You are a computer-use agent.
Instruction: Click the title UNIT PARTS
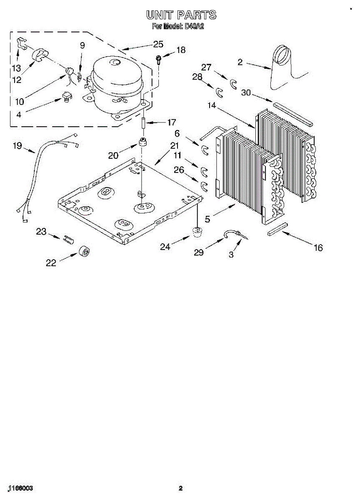[181, 15]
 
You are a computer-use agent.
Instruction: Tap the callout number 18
[181, 50]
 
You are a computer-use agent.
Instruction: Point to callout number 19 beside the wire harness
[17, 146]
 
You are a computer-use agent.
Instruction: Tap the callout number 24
[165, 247]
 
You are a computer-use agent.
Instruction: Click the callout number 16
[318, 248]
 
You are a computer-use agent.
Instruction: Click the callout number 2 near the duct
[240, 62]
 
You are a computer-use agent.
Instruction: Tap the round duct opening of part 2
[283, 56]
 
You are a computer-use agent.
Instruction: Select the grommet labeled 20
[143, 142]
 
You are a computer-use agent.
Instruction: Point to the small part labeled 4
[66, 97]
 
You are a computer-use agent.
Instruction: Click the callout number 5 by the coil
[207, 218]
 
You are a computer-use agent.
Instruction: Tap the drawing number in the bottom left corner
[20, 488]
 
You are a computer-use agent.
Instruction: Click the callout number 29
[199, 252]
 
